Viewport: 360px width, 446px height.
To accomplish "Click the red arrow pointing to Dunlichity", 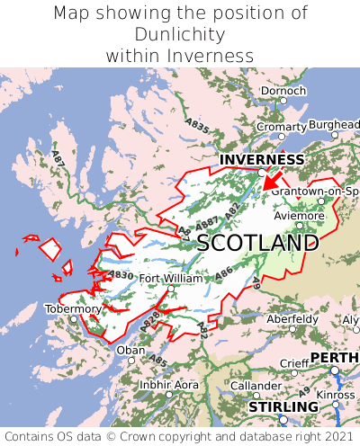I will coord(273,180).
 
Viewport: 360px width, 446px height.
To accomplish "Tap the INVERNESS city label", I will coord(261,160).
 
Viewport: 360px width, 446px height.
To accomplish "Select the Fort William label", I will coord(171,279).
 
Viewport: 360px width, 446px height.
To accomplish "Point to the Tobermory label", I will coord(74,308).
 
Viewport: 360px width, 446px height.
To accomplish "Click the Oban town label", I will coord(130,350).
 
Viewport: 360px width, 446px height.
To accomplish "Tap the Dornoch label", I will coord(283,91).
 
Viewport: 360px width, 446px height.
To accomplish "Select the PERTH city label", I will coord(335,358).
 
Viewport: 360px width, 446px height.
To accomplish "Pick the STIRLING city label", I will coord(283,407).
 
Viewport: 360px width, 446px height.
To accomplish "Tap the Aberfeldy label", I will coord(292,319).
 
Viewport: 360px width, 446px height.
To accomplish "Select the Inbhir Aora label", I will coord(169,385).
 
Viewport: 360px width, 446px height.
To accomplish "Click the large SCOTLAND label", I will coord(257,243).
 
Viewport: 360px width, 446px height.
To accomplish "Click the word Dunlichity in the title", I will coord(180,34).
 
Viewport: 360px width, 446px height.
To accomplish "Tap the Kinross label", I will coord(337,394).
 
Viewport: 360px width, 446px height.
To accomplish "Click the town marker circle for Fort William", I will coord(170,289).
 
